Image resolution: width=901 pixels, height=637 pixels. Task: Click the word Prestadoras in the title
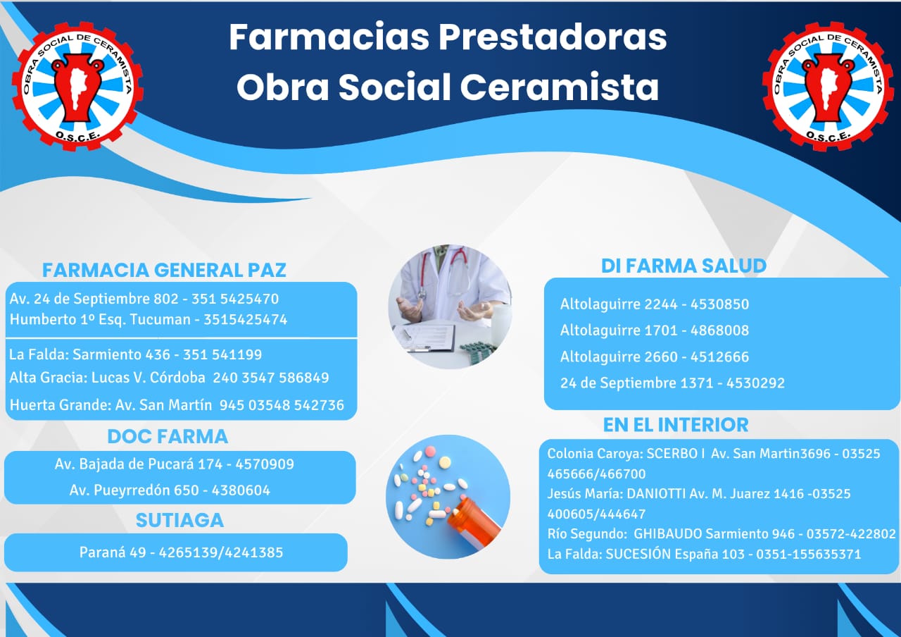[553, 37]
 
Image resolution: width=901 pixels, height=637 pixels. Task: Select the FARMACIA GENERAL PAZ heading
[164, 270]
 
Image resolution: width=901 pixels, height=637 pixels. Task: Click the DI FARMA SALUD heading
[683, 266]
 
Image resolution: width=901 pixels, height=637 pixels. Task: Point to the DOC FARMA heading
[168, 436]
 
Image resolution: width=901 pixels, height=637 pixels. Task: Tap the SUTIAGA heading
[179, 520]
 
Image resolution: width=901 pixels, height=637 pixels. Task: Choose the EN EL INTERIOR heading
[676, 425]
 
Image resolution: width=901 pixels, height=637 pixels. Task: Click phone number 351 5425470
[235, 299]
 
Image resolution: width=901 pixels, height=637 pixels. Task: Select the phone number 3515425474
[246, 320]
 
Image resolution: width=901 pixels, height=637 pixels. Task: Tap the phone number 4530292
[755, 383]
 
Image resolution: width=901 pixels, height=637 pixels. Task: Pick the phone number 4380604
[241, 490]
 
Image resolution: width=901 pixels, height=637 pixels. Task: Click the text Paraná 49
[113, 552]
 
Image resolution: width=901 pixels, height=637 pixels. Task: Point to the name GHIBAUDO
[668, 534]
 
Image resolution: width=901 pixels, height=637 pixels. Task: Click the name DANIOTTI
[656, 494]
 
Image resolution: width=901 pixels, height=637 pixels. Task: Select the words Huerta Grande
[58, 405]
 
